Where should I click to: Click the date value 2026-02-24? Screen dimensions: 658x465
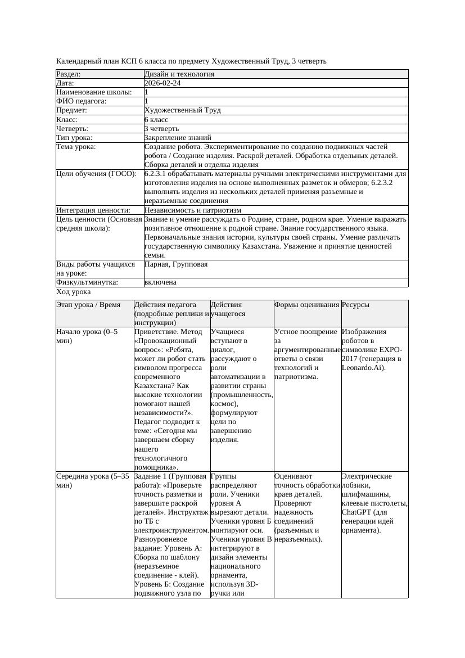[162, 83]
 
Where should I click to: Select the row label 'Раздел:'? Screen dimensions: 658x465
[69, 74]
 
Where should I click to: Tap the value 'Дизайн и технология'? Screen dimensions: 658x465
[179, 74]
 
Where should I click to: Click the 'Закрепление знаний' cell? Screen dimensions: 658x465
[178, 138]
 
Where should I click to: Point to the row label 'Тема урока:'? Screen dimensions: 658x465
[76, 147]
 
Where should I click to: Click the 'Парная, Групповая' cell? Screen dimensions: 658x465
[176, 264]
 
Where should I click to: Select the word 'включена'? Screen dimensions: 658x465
[160, 282]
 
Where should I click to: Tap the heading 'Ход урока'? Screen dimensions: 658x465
[74, 292]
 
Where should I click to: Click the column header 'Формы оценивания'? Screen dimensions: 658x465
[306, 305]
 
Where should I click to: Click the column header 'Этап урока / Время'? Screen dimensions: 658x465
[88, 305]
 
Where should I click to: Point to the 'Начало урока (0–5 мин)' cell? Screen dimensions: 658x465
[87, 336]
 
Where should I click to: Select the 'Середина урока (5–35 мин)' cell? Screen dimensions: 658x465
[91, 480]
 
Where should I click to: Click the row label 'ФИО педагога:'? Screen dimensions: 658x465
[82, 101]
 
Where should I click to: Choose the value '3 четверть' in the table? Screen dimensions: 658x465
[161, 129]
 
